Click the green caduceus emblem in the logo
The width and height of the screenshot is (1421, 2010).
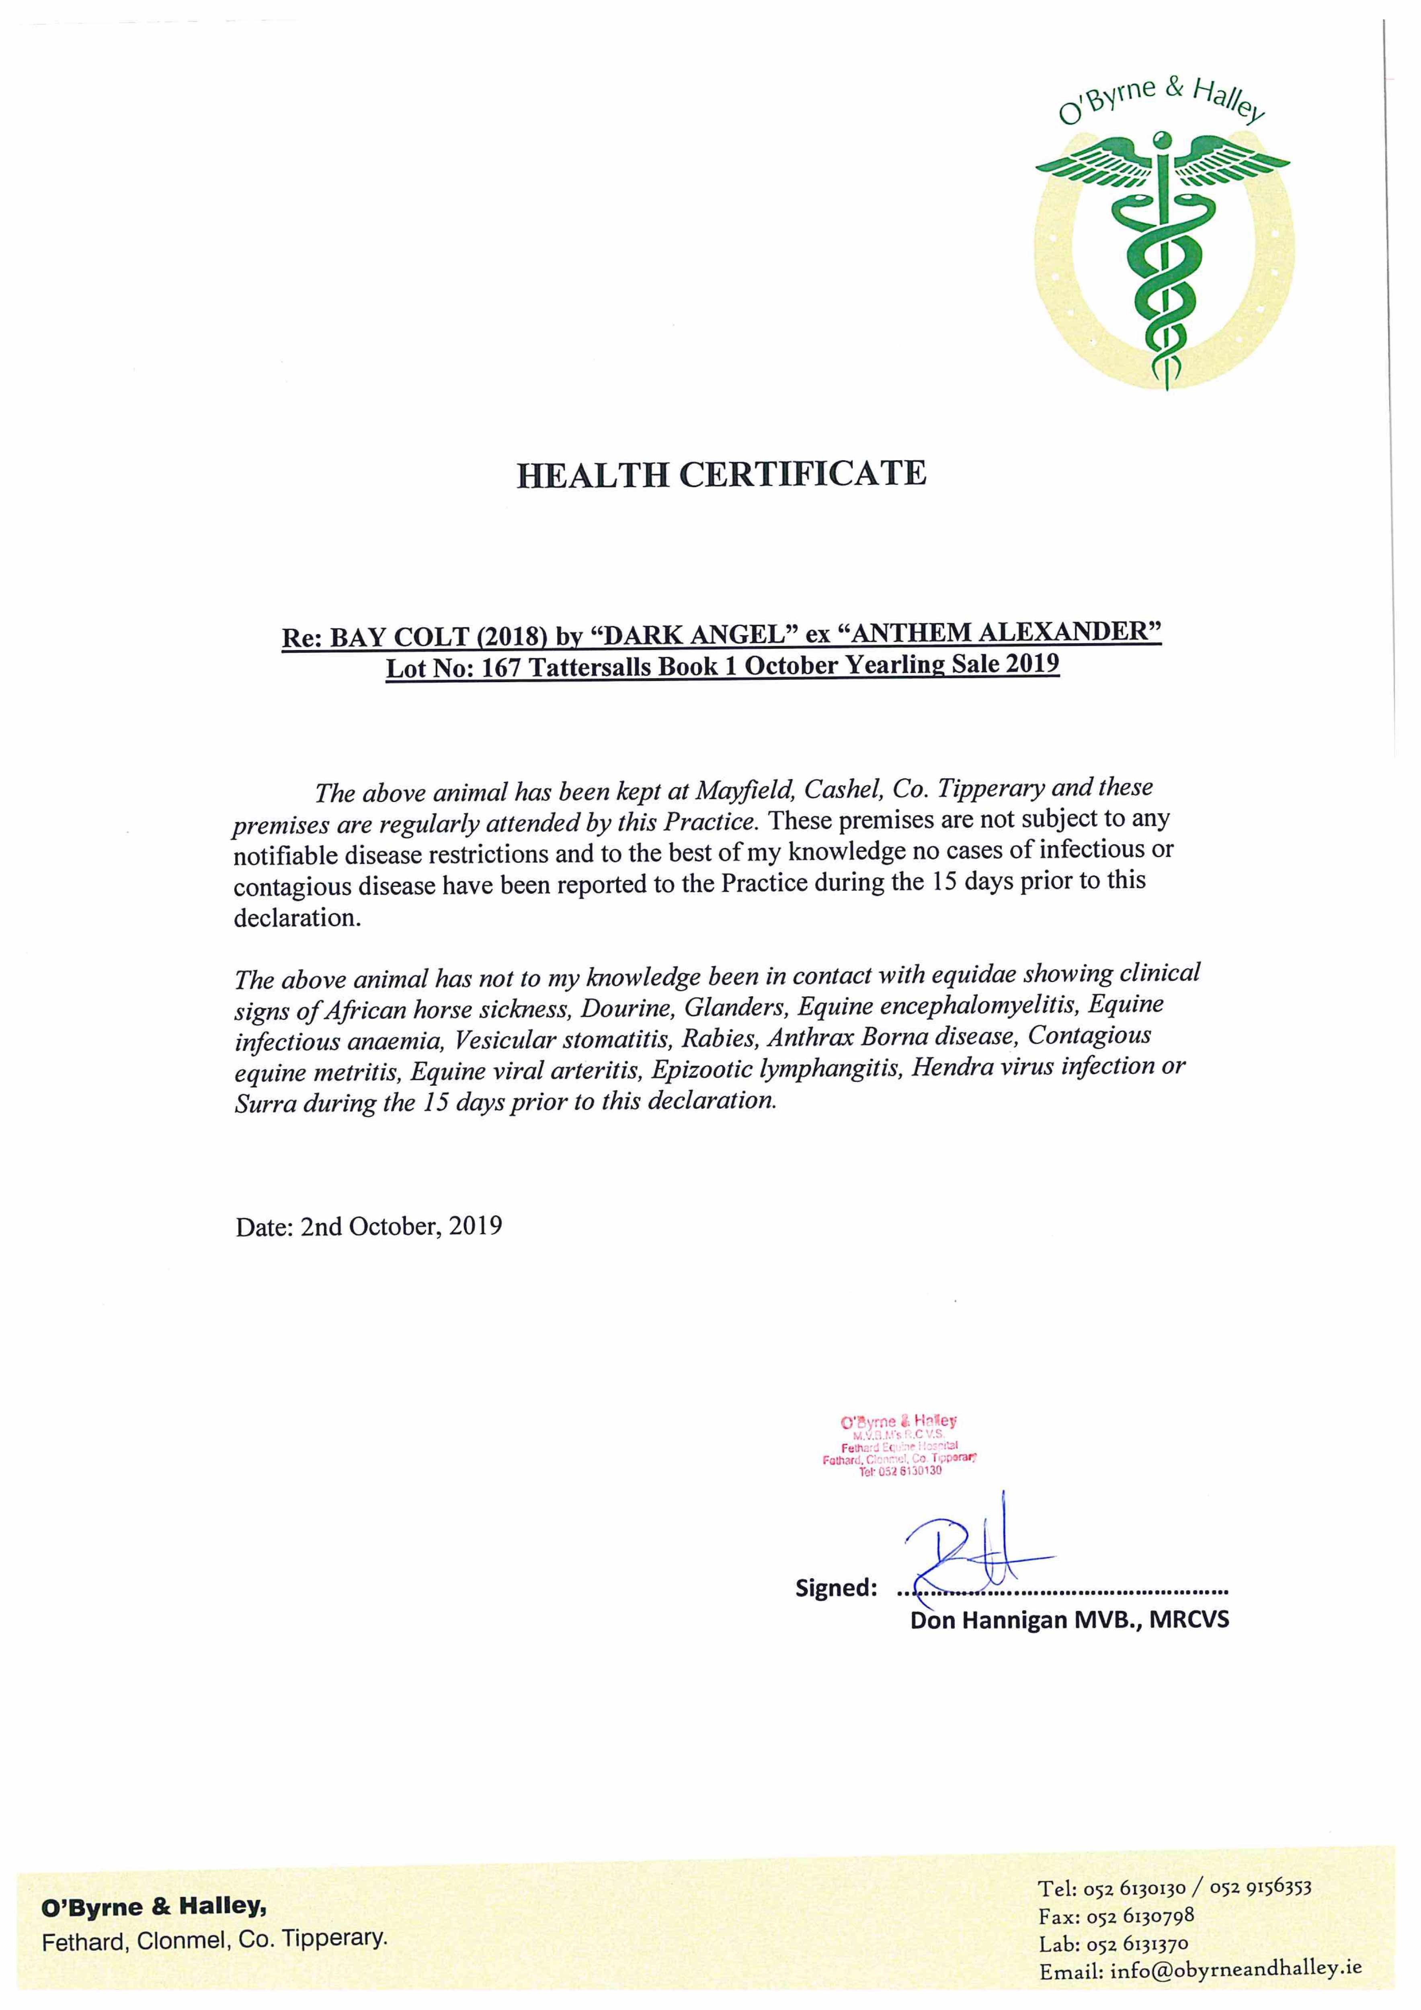(1163, 254)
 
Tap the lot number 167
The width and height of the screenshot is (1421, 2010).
(501, 669)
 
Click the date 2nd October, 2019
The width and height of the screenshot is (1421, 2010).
(401, 1226)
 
